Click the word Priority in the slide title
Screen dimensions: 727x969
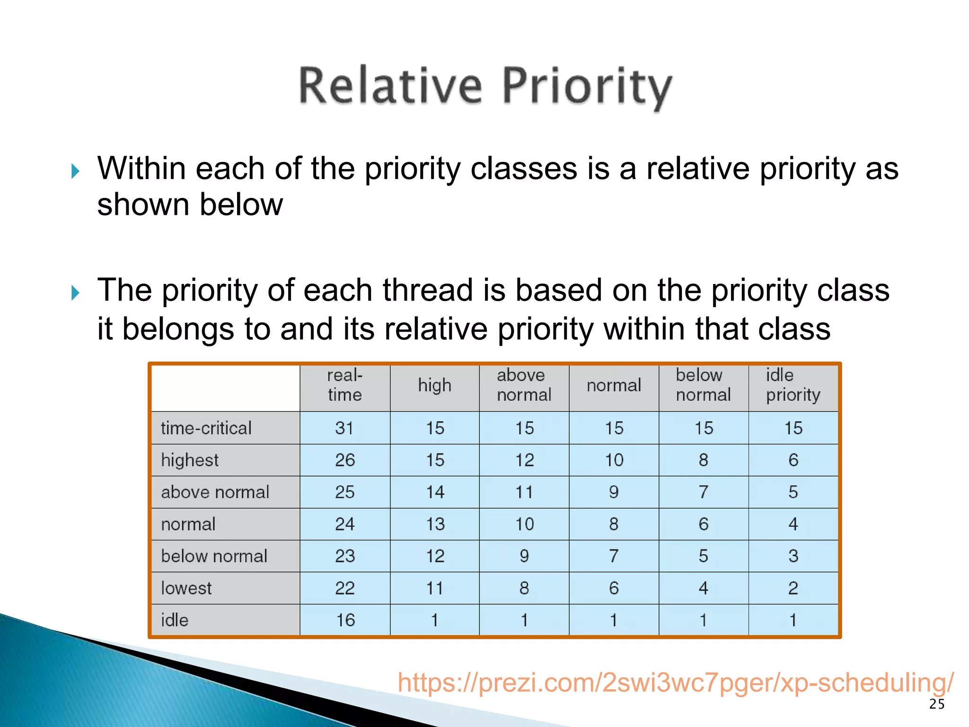click(x=587, y=86)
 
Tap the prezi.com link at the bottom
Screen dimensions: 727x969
click(x=675, y=683)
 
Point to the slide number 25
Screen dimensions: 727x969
click(x=936, y=704)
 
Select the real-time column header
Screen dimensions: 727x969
click(x=344, y=385)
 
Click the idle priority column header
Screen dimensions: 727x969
click(x=793, y=385)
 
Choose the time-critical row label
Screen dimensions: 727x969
click(x=206, y=428)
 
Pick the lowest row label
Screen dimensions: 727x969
click(x=186, y=588)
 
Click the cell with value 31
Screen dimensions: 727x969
click(x=344, y=428)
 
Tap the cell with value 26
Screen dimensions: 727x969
click(x=344, y=460)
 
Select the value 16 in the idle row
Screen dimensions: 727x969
click(x=345, y=620)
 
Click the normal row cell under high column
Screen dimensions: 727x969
click(x=435, y=524)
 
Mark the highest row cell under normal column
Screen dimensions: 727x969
click(x=614, y=460)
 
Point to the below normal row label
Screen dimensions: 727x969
click(x=214, y=556)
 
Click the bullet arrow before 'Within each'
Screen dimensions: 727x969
click(x=75, y=171)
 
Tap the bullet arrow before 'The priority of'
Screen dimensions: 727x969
click(x=75, y=293)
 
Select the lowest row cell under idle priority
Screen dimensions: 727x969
click(x=793, y=588)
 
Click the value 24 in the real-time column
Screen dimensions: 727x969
click(x=344, y=524)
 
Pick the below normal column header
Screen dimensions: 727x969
click(x=703, y=385)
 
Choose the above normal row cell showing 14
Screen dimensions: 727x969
click(x=435, y=492)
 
